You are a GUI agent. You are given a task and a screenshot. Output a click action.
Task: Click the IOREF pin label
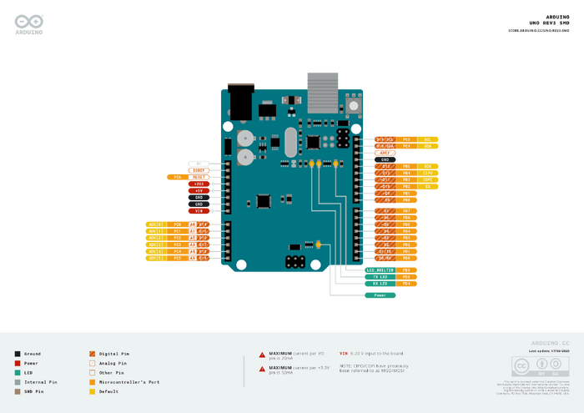(199, 170)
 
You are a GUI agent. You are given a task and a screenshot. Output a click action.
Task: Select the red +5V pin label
(199, 190)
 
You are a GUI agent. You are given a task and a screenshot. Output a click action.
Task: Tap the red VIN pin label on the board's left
(199, 211)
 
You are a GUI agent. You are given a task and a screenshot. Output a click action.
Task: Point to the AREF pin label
(385, 153)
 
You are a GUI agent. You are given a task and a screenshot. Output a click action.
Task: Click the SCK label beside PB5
(427, 166)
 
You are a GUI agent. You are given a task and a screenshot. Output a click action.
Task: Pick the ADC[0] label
(156, 224)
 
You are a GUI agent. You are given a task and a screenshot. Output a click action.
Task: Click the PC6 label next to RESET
(178, 177)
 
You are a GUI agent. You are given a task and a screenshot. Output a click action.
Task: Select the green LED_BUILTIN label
(380, 270)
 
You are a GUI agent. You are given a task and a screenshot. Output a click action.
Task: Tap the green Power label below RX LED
(380, 295)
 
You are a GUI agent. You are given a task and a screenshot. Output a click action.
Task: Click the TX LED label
(380, 277)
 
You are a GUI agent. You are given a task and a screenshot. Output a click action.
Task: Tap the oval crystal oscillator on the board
(290, 142)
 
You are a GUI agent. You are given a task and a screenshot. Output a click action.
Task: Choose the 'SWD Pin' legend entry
(34, 390)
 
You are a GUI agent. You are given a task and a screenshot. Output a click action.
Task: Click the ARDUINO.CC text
(550, 343)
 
